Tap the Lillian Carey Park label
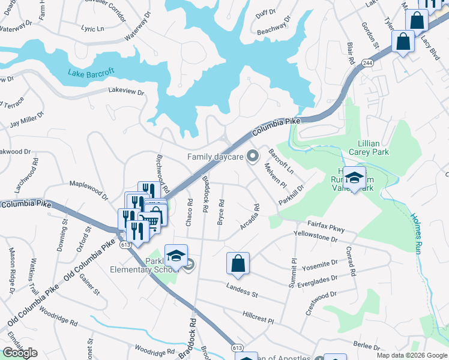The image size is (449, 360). (382, 148)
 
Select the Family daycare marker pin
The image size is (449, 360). (253, 157)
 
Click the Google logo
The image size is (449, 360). (20, 352)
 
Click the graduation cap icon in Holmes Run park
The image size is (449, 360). (355, 177)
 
